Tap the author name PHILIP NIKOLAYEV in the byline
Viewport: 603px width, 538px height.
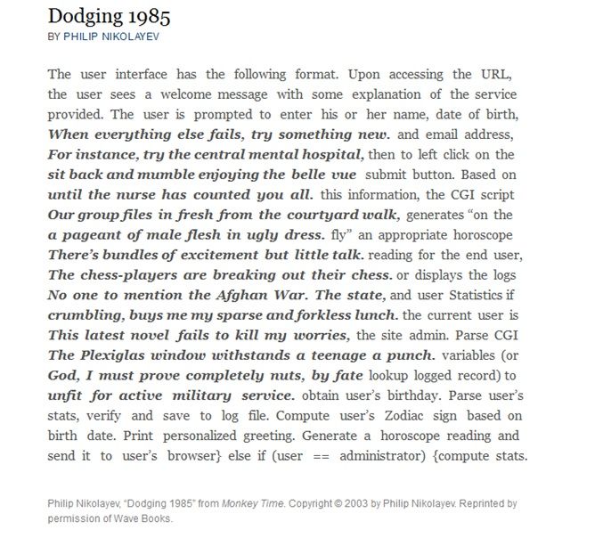click(111, 37)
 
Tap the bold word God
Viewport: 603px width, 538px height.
click(62, 375)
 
